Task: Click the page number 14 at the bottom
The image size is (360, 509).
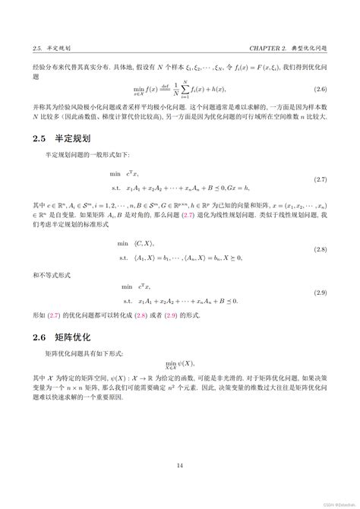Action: (x=180, y=466)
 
